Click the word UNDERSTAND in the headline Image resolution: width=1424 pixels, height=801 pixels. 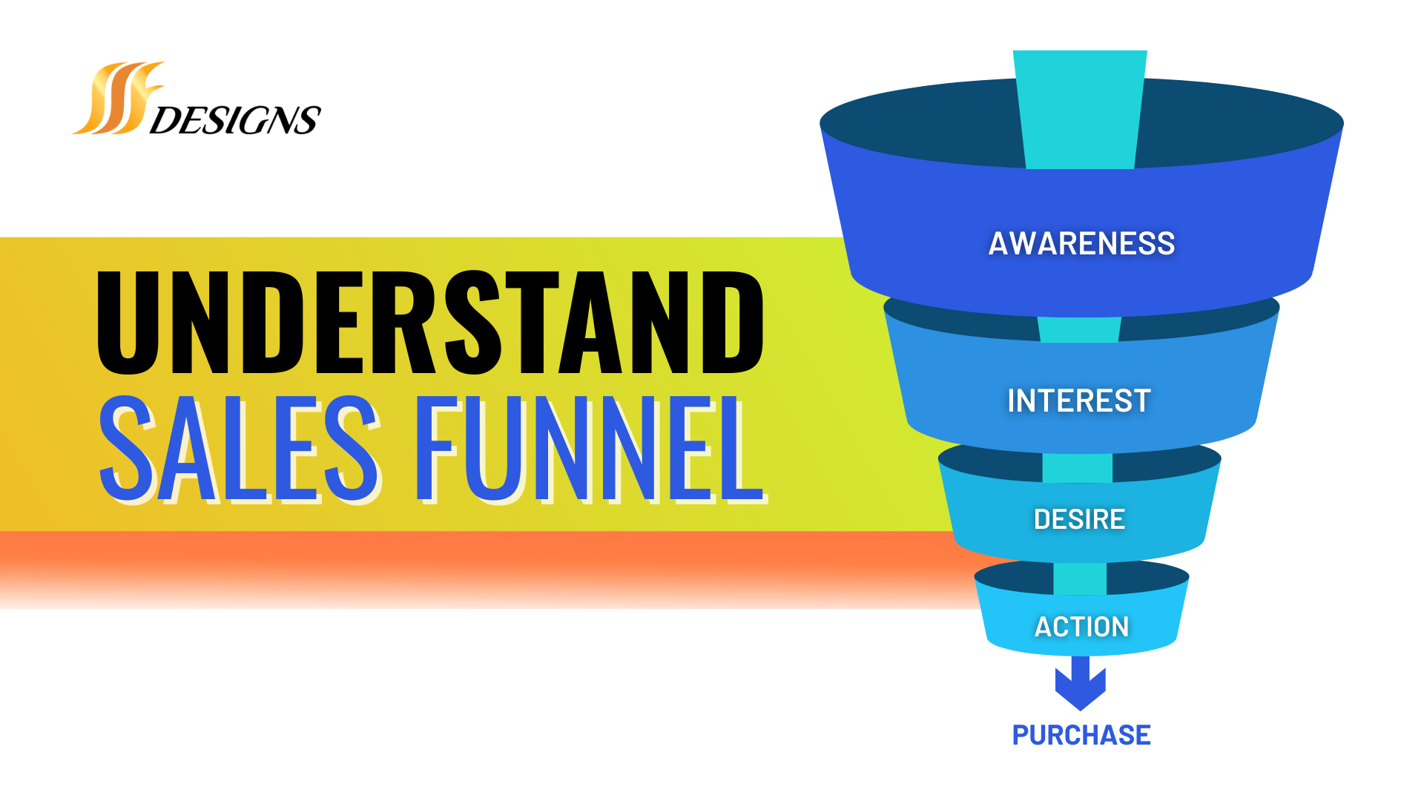point(430,323)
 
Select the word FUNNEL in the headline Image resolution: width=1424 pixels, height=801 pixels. point(590,449)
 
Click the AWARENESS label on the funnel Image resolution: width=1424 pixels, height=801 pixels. point(1081,243)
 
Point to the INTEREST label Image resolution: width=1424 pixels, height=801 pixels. point(1079,400)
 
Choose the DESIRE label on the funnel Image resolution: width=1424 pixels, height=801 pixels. point(1079,519)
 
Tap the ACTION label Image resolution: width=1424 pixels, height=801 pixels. point(1081,627)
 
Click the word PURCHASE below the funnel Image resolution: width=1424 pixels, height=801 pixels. point(1081,735)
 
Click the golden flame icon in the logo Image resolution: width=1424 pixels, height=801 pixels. point(119,99)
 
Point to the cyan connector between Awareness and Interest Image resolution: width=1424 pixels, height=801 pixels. point(1079,329)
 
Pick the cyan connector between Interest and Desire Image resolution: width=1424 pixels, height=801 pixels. point(1077,468)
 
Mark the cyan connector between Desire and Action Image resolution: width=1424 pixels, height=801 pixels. point(1080,578)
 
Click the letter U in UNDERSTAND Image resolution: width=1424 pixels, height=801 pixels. point(128,323)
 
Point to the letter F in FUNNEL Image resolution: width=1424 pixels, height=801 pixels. point(435,449)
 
